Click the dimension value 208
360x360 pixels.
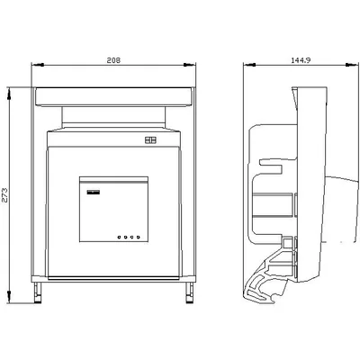113,60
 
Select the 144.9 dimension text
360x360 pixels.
301,60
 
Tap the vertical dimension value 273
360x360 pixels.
5,195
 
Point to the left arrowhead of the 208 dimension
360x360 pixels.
38,65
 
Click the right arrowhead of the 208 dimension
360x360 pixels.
189,65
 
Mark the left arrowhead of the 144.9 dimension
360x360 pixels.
250,65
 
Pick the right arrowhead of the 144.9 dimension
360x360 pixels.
352,65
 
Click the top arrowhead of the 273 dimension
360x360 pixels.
9,94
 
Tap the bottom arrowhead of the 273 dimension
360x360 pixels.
9,297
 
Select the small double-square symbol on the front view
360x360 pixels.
150,140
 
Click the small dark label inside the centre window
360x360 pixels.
94,193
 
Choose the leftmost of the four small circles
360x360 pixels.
120,238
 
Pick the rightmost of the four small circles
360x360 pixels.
139,238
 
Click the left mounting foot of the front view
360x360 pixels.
38,292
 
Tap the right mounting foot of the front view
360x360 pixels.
189,292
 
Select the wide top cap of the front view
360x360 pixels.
113,96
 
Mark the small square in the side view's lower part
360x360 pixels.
287,243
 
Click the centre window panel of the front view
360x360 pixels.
113,209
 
